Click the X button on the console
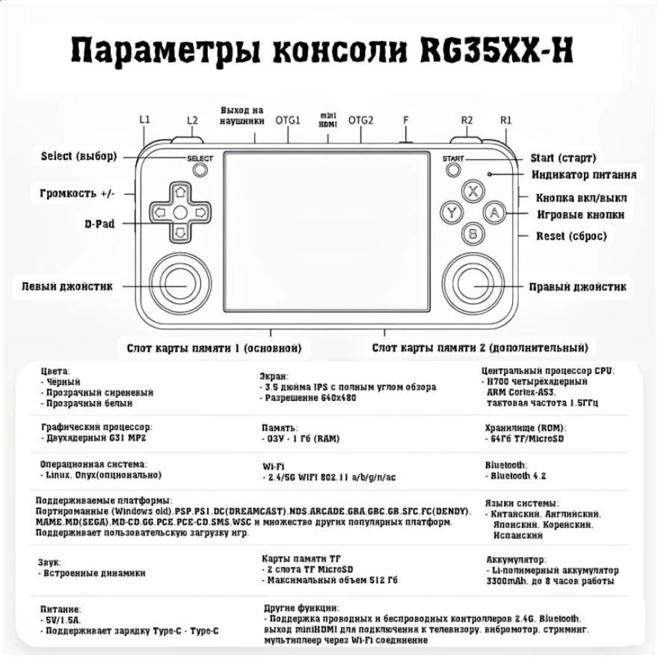pyautogui.click(x=473, y=191)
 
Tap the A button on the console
pyautogui.click(x=494, y=213)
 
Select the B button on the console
pyautogui.click(x=473, y=234)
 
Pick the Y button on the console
pyautogui.click(x=452, y=212)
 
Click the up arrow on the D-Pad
pyautogui.click(x=180, y=192)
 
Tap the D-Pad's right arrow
pyautogui.click(x=201, y=213)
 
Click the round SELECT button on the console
pyautogui.click(x=200, y=170)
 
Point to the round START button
pyautogui.click(x=453, y=170)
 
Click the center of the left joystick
pyautogui.click(x=180, y=284)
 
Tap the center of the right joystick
pyautogui.click(x=473, y=284)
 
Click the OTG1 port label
pyautogui.click(x=288, y=120)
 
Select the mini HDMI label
pyautogui.click(x=328, y=120)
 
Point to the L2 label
pyautogui.click(x=192, y=120)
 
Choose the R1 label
pyautogui.click(x=506, y=120)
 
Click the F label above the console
pyautogui.click(x=405, y=120)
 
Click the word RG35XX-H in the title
pyautogui.click(x=497, y=51)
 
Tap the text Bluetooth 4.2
pyautogui.click(x=518, y=476)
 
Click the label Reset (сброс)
pyautogui.click(x=571, y=236)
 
